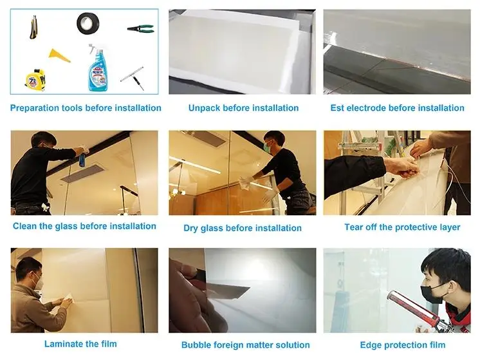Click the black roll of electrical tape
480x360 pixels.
pyautogui.click(x=89, y=24)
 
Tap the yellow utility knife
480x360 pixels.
pyautogui.click(x=33, y=26)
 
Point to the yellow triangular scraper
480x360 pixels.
pyautogui.click(x=60, y=55)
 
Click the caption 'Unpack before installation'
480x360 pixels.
pyautogui.click(x=243, y=108)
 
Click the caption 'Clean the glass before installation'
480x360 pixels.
pyautogui.click(x=84, y=226)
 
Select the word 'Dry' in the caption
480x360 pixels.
pyautogui.click(x=191, y=228)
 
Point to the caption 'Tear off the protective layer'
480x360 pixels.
pyautogui.click(x=402, y=227)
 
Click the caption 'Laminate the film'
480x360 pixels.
pyautogui.click(x=80, y=344)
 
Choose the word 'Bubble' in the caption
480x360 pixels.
pyautogui.click(x=196, y=345)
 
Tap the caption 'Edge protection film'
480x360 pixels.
pyautogui.click(x=402, y=345)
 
